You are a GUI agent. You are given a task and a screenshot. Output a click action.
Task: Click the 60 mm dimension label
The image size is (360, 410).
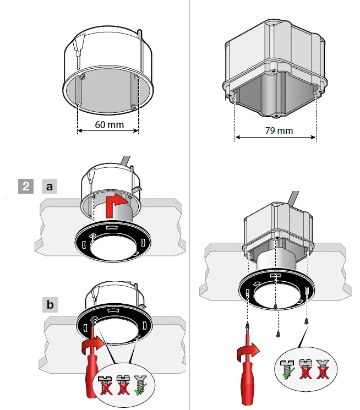pos(109,125)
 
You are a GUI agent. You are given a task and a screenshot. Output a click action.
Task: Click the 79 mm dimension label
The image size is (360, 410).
pos(278,131)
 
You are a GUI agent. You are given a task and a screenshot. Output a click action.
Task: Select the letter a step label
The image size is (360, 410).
pos(50,187)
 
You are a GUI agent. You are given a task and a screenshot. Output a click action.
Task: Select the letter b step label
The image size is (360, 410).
pos(50,304)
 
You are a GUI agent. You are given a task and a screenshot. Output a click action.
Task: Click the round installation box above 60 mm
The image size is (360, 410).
pos(108,72)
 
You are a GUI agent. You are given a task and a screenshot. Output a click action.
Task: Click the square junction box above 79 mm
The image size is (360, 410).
pos(274,66)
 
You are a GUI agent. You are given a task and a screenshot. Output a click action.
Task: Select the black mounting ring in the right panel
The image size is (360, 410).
pos(275,289)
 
